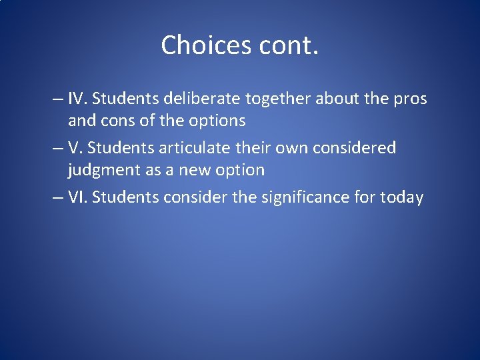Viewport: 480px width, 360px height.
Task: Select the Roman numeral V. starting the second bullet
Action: [x=75, y=147]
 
